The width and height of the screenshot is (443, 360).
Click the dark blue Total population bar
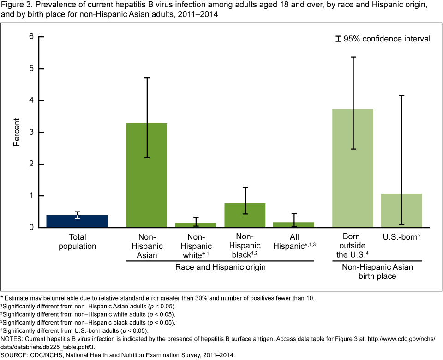click(77, 221)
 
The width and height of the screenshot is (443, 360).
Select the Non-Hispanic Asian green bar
click(146, 175)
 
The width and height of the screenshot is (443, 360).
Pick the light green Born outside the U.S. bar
click(353, 168)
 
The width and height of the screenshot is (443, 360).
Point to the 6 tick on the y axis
click(32, 36)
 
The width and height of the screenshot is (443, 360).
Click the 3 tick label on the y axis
click(32, 132)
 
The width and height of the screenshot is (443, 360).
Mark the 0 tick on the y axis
click(32, 228)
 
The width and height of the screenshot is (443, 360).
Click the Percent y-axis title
click(17, 132)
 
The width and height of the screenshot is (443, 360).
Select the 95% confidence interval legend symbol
click(338, 39)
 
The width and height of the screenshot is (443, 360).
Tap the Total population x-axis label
click(77, 241)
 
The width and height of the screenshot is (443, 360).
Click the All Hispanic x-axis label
click(294, 241)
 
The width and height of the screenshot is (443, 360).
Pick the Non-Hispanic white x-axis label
click(196, 246)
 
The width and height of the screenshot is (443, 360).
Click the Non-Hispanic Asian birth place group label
click(377, 271)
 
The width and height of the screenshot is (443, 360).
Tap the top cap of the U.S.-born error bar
click(402, 96)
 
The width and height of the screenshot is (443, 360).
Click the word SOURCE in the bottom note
click(16, 355)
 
